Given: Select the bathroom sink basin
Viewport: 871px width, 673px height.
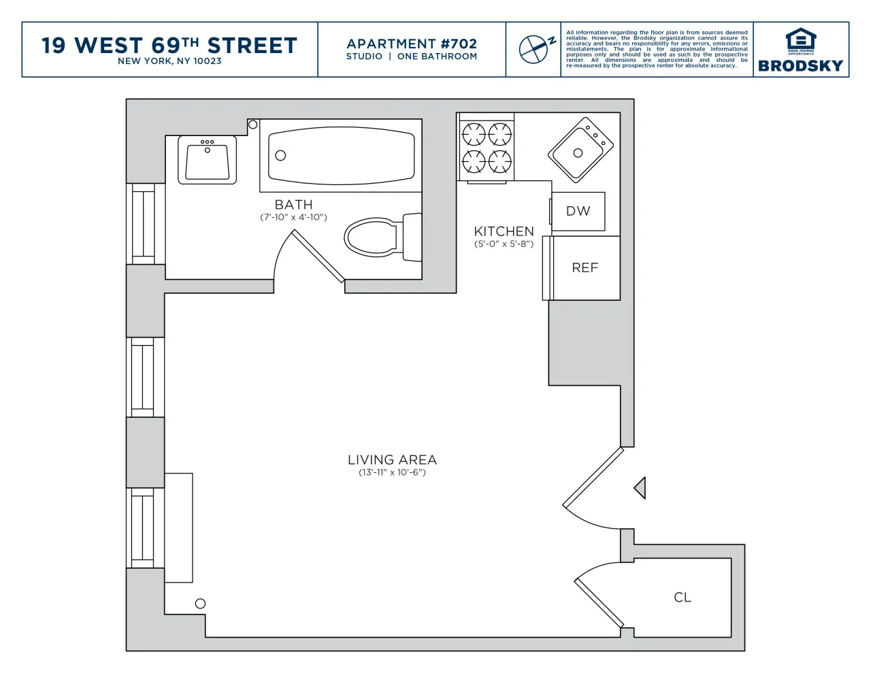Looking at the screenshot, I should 207,162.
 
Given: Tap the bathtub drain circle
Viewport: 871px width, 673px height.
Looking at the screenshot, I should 280,156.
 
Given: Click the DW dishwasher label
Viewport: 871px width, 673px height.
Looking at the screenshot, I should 578,211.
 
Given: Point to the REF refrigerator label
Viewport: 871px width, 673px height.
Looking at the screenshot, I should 585,268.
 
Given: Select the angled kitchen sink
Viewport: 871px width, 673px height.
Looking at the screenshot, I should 580,150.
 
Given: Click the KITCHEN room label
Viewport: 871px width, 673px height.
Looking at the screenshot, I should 504,231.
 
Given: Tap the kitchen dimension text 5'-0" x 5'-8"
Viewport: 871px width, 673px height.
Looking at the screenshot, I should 504,244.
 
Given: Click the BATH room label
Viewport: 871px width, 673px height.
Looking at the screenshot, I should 293,204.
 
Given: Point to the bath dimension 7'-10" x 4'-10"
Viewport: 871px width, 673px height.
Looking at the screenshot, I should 293,217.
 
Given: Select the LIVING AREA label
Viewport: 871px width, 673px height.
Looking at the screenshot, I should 392,460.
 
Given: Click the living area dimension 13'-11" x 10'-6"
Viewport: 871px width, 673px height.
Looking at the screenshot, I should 392,472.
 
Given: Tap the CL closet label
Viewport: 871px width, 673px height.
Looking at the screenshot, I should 683,597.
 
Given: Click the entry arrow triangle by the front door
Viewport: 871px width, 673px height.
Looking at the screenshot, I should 640,488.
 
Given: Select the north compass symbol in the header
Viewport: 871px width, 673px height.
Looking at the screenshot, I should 535,49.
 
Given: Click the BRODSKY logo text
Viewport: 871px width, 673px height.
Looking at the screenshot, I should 800,66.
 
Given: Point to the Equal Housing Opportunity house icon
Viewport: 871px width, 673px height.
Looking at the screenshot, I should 800,39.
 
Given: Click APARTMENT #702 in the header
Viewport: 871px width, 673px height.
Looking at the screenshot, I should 412,44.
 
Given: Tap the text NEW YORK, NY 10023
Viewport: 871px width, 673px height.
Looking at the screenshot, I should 169,61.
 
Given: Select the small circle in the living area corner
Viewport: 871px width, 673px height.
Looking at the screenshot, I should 200,604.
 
